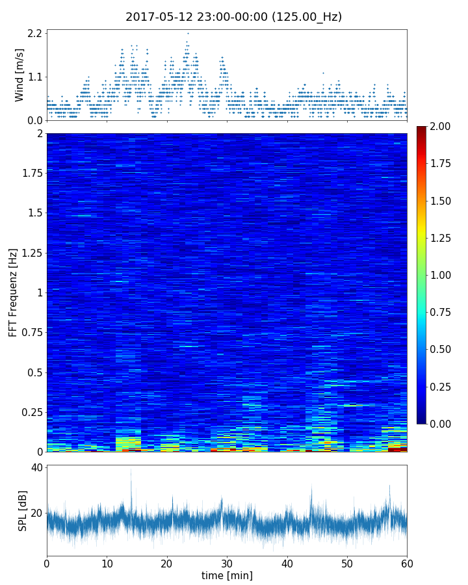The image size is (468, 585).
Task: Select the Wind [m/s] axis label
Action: pos(19,75)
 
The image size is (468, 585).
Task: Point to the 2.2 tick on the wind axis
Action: pos(35,33)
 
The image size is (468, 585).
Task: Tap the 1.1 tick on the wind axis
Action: pos(35,77)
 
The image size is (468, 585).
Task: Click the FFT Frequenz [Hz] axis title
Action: pos(13,292)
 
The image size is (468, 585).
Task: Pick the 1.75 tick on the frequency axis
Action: pos(31,174)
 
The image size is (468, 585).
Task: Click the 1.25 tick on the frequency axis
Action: pos(31,253)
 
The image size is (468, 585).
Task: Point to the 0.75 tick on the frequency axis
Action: pos(31,333)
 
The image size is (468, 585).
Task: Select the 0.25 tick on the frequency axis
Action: pos(31,412)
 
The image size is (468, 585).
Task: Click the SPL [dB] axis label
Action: pos(22,510)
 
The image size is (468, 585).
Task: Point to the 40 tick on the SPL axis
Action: pos(36,468)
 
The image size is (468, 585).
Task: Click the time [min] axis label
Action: pos(227,575)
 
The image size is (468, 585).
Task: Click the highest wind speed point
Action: pos(188,33)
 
